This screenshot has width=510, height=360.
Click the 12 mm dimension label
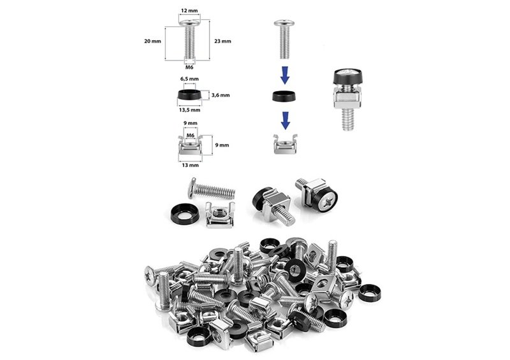click(189, 10)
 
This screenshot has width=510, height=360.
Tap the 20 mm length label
click(152, 41)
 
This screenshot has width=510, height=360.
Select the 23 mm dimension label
click(222, 41)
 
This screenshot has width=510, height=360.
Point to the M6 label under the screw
click(189, 68)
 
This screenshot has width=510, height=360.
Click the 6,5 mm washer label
click(189, 79)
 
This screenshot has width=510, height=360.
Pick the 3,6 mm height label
click(221, 96)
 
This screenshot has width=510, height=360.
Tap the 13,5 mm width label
click(189, 110)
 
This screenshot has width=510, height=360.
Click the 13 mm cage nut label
click(190, 165)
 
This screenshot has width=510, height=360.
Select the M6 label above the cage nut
click(190, 135)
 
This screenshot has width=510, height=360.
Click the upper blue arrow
click(285, 75)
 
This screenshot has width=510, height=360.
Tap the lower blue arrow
click(285, 120)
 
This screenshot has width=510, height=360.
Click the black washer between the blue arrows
click(284, 96)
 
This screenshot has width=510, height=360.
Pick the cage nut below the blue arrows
click(285, 144)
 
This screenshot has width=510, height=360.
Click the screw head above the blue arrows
click(284, 23)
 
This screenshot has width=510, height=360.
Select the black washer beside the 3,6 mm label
click(189, 95)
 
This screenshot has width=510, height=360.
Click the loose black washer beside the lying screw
click(184, 214)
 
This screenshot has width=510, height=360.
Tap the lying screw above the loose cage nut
click(212, 189)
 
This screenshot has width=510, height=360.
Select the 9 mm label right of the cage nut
click(222, 145)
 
